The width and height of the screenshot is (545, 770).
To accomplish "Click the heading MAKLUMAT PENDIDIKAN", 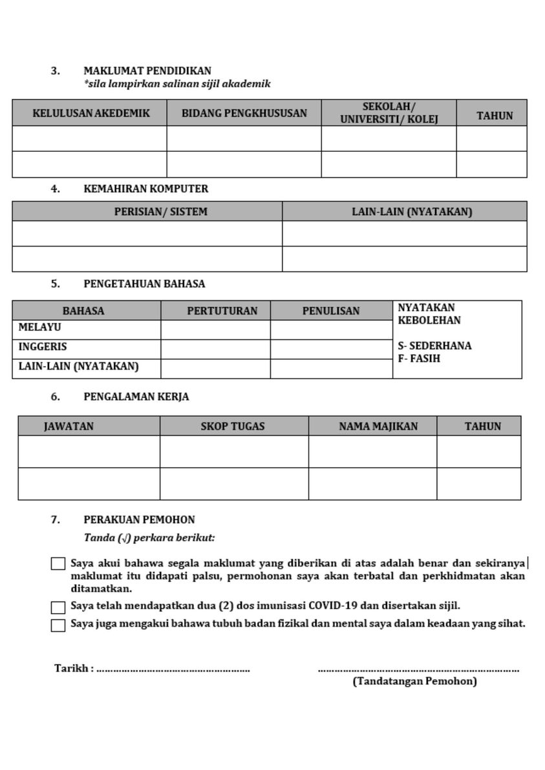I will (147, 71).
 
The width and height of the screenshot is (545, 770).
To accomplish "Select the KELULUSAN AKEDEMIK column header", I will (91, 113).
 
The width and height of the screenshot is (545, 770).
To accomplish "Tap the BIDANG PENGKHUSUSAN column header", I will (244, 113).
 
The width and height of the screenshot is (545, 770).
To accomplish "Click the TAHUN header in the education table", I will (495, 116).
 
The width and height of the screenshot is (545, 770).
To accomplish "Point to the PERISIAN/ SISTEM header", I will (160, 211).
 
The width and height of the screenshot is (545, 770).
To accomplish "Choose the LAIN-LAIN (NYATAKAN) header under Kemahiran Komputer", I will (412, 211).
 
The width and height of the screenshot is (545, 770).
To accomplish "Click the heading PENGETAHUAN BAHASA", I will (144, 284).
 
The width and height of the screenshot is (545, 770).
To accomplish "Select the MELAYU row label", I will (40, 328).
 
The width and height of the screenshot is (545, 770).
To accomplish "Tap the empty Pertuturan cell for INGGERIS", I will (215, 349).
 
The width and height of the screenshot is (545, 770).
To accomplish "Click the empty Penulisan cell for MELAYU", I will (331, 330).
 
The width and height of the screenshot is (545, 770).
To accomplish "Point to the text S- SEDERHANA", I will (434, 346).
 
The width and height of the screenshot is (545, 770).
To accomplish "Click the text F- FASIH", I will (419, 359).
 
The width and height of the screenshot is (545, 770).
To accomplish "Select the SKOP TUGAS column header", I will (233, 426).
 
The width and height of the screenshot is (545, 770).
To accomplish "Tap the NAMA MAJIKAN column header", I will (378, 426).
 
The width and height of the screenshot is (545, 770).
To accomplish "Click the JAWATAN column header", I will (69, 426).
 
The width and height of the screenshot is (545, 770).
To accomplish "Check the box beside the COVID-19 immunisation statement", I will (58, 607).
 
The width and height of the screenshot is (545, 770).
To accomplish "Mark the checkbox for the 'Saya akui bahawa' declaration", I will (58, 564).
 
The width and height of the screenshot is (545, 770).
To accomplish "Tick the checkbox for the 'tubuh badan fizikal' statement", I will (58, 625).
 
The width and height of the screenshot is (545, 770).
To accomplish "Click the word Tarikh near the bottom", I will (71, 669).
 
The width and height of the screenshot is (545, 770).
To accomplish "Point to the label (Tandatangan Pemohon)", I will (414, 682).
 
